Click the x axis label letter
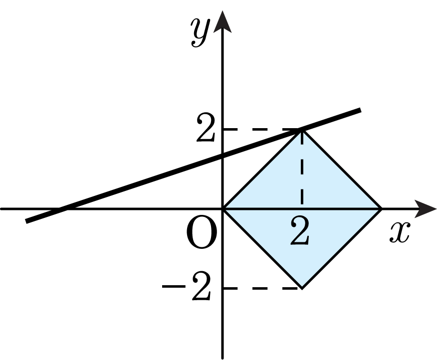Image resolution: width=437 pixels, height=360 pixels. click(400, 232)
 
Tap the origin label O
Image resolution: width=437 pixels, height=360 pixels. click(201, 233)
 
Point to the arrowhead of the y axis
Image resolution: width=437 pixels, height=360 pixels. click(222, 22)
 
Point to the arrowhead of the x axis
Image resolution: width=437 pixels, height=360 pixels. click(426, 209)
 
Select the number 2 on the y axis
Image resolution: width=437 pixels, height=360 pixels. click(206, 127)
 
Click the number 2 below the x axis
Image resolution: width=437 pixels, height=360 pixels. click(300, 231)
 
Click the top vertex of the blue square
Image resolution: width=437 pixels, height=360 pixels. click(302, 130)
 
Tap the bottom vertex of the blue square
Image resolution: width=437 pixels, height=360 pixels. click(302, 288)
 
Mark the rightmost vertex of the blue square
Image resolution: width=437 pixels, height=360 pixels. click(381, 209)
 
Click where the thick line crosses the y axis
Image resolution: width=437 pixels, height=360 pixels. click(222, 155)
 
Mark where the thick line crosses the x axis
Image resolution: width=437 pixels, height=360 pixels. click(63, 209)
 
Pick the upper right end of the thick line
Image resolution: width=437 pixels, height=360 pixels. click(360, 110)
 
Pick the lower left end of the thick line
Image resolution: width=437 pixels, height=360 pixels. click(26, 221)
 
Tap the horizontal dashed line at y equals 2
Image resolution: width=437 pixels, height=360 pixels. click(262, 130)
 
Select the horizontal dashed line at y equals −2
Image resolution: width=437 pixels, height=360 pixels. click(262, 288)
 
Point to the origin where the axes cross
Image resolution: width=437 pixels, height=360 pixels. click(222, 209)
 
